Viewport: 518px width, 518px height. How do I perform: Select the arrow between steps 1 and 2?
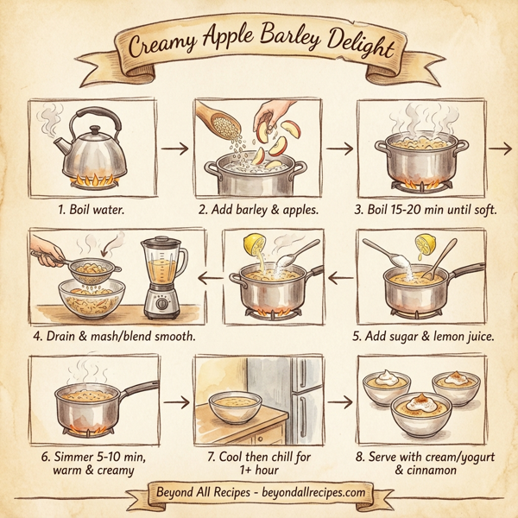(x=175, y=148)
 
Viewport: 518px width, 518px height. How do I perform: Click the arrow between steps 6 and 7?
(x=175, y=402)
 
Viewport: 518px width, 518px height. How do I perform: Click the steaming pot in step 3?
(x=419, y=160)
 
